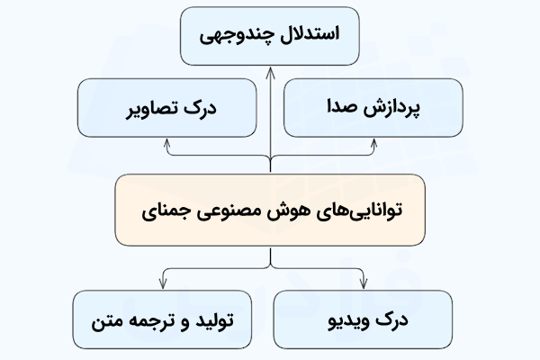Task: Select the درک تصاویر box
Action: coord(167,107)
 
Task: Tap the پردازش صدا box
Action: coord(373,107)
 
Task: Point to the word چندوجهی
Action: coord(236,38)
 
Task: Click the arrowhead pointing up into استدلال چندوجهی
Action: coord(270,69)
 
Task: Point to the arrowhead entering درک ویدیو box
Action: coord(374,285)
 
